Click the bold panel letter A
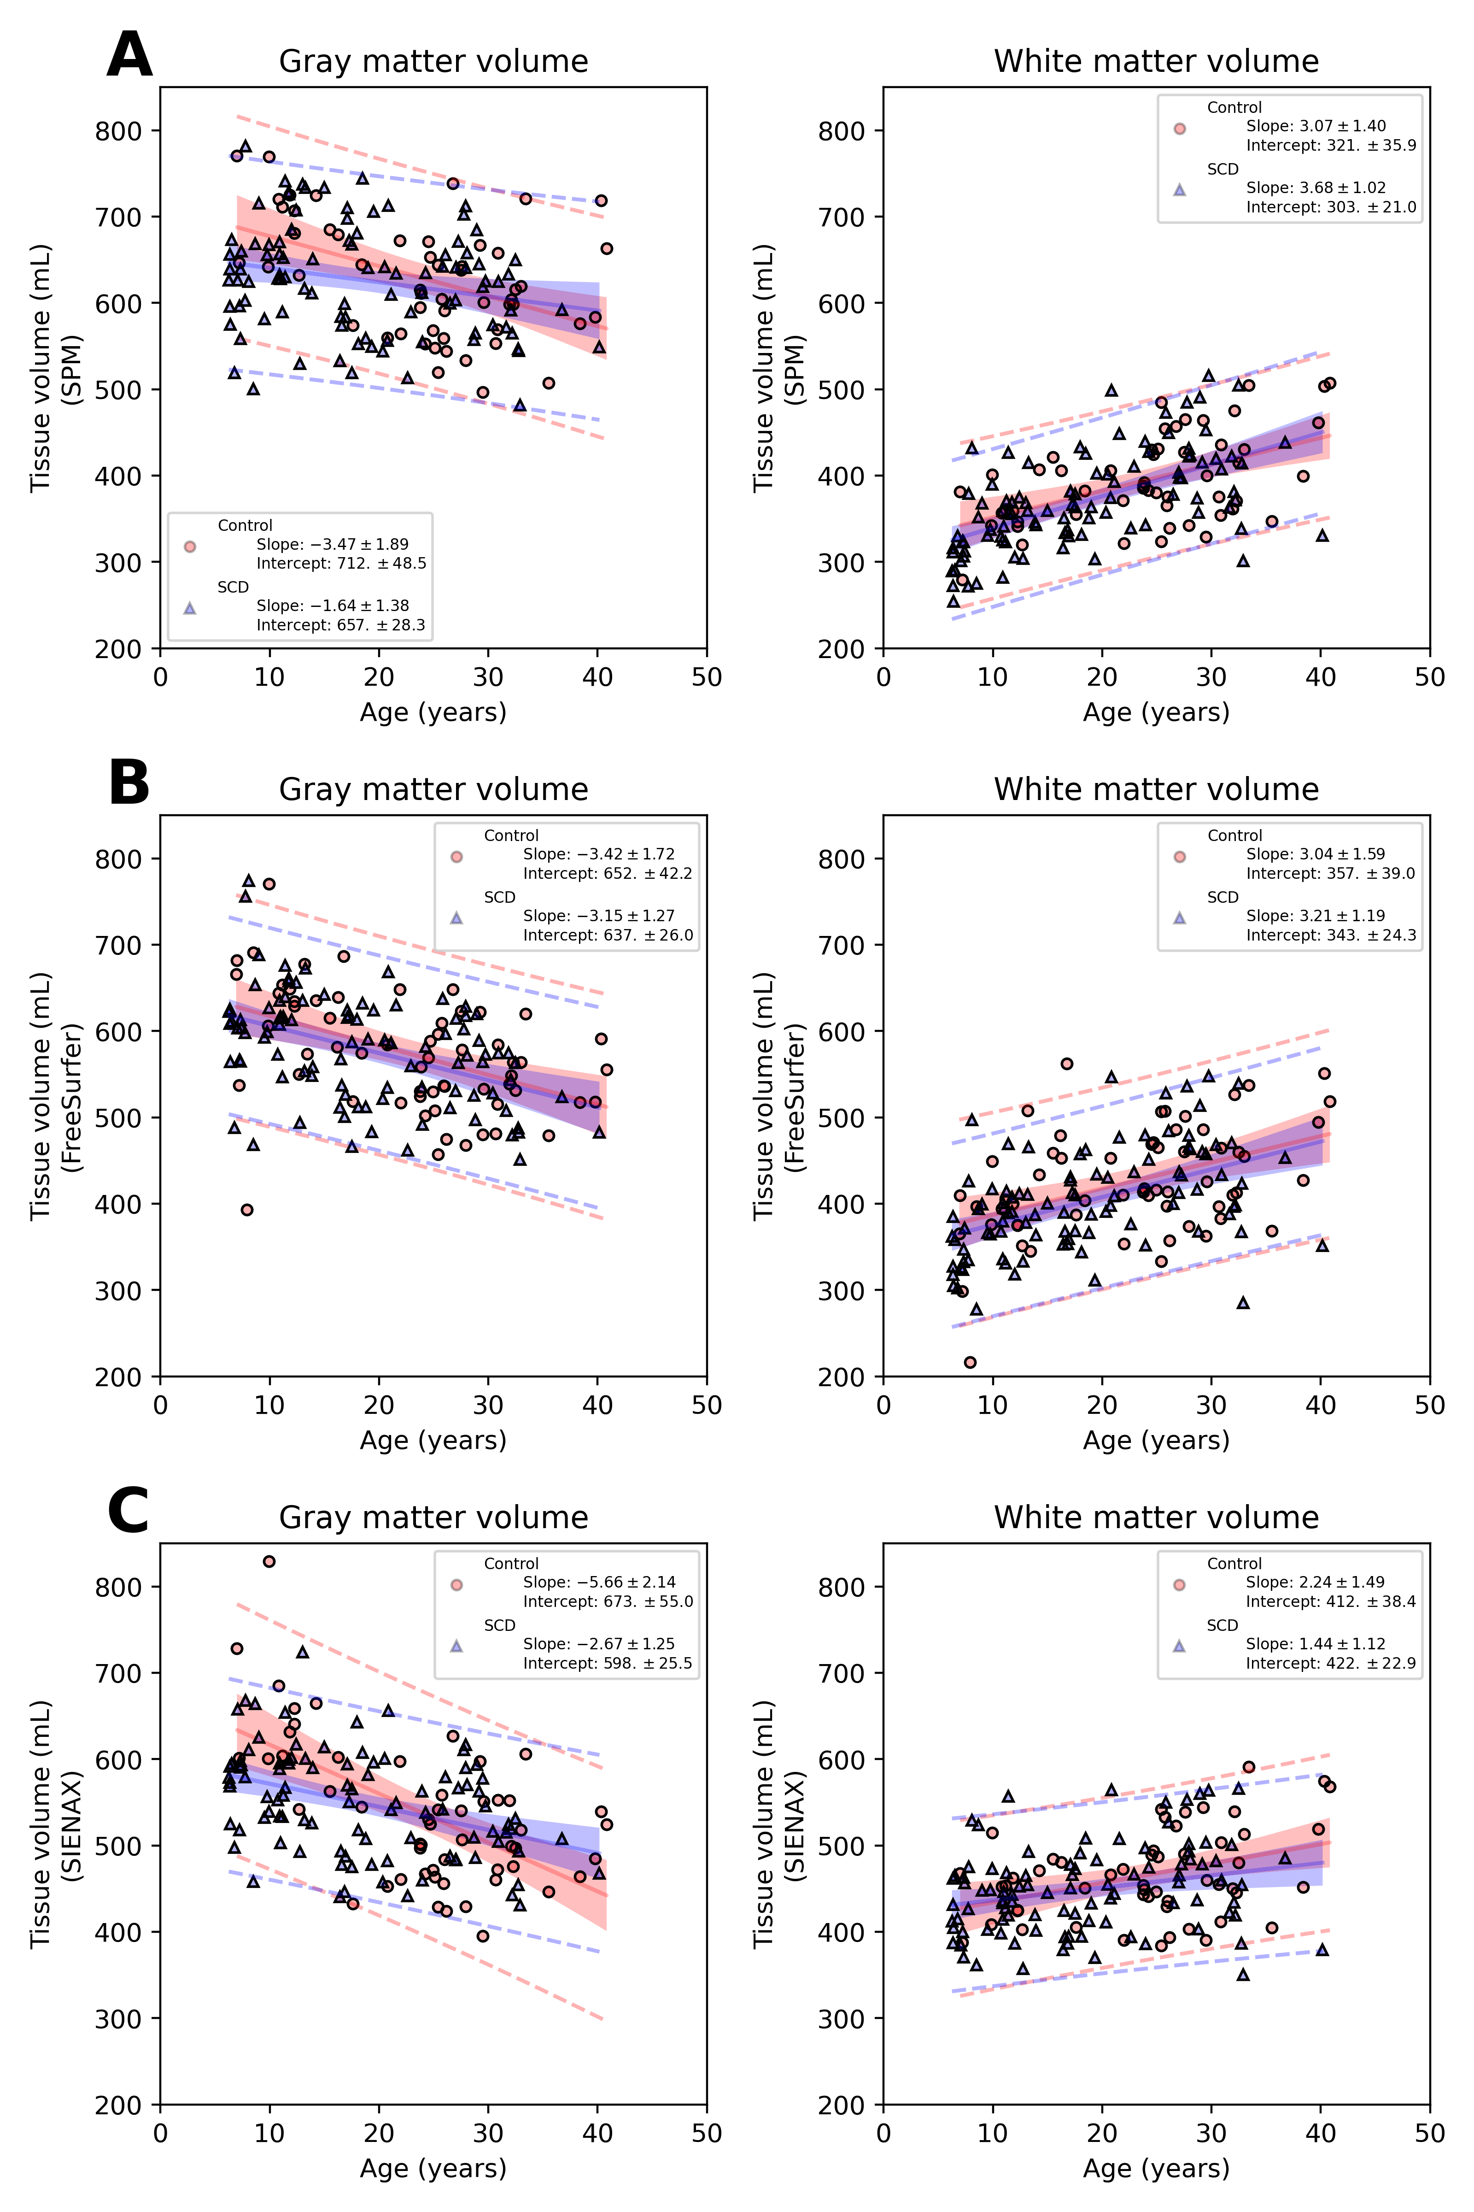coord(130,56)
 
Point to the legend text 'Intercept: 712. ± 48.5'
coord(341,563)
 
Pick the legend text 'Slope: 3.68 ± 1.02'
coord(1316,188)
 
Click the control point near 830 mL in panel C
coord(269,1561)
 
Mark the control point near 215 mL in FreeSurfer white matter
coord(970,1362)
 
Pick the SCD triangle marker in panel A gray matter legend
coord(190,607)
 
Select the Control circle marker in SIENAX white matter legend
coord(1180,1585)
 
